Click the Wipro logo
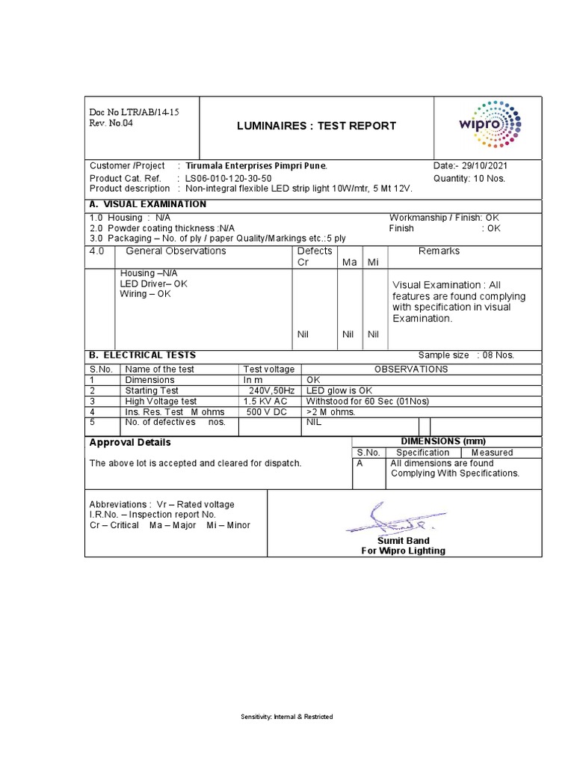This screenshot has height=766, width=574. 490,126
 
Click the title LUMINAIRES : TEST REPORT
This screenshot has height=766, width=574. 316,126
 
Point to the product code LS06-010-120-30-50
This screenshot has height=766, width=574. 228,179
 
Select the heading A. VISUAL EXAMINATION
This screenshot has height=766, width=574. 148,204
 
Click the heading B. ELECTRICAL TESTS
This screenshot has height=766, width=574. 143,355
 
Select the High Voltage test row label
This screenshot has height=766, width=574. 162,401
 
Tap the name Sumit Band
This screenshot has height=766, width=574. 403,540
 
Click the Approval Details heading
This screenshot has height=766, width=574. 130,442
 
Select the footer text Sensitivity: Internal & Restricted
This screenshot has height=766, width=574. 286,717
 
